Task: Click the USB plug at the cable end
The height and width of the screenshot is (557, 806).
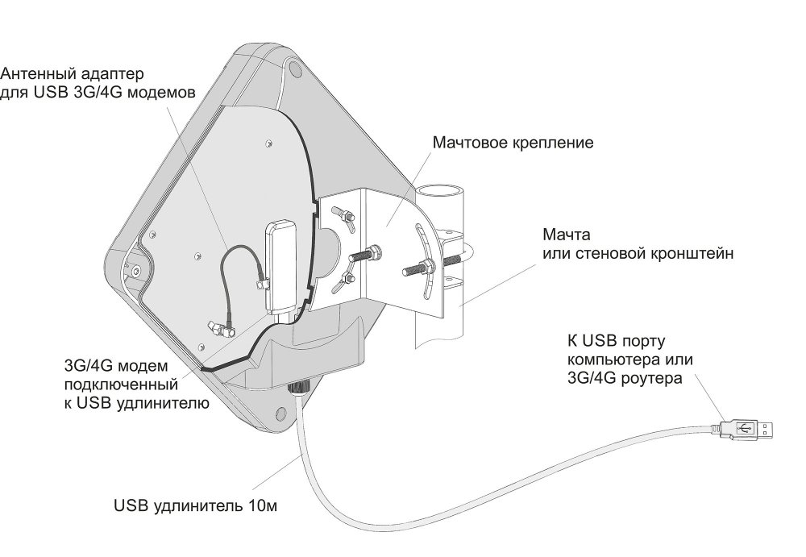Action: pos(743,428)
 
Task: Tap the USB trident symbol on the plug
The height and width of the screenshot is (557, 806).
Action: pos(745,428)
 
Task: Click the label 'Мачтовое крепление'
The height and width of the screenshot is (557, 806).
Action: pos(513,143)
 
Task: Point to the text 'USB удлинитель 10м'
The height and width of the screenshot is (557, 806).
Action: pos(195,506)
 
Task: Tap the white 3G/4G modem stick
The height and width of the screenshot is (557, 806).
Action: pos(279,266)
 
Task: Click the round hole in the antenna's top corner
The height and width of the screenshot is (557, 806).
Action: pos(295,69)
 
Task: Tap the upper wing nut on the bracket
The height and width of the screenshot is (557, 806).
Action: pos(343,217)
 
